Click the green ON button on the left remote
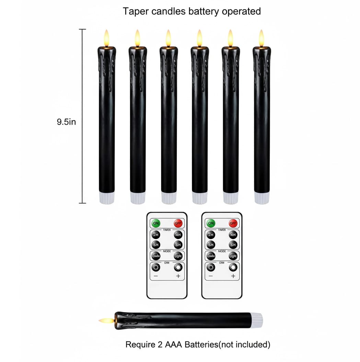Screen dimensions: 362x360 point(156,224)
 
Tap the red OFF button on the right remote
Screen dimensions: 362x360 point(233,224)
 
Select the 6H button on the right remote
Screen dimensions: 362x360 point(211,245)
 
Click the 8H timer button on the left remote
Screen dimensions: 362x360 point(178,245)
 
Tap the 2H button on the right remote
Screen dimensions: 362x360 point(211,235)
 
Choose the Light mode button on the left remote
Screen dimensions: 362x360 point(178,256)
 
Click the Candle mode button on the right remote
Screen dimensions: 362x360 point(211,256)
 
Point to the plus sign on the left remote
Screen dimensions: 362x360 point(178,276)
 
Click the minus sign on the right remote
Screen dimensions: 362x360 point(211,276)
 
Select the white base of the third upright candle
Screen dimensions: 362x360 point(169,198)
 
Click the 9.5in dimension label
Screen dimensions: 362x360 point(66,122)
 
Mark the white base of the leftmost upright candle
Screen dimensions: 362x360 point(107,198)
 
